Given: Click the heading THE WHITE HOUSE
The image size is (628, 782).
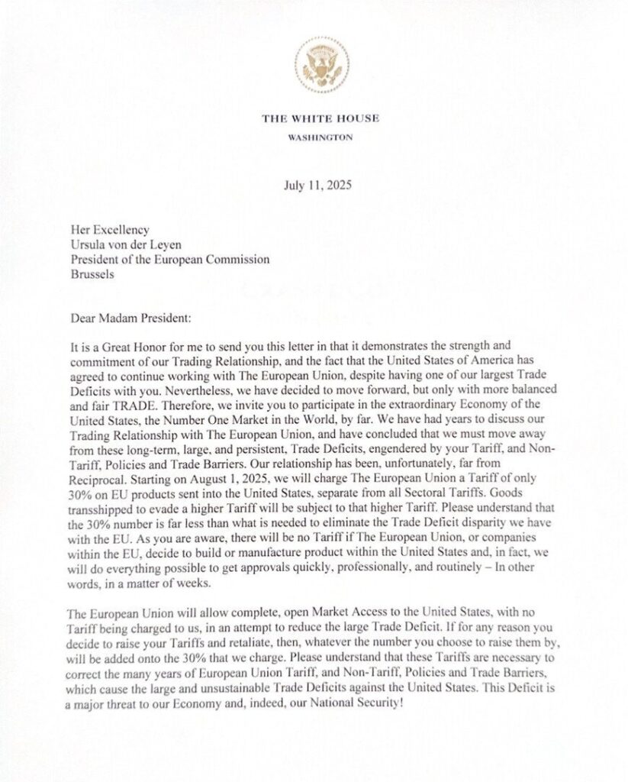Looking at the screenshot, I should (x=320, y=118).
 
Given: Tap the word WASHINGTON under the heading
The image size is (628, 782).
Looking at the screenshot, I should (x=320, y=137).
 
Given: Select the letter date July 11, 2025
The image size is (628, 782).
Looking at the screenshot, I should (x=320, y=184).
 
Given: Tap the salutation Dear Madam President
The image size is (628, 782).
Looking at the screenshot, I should (x=131, y=315).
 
